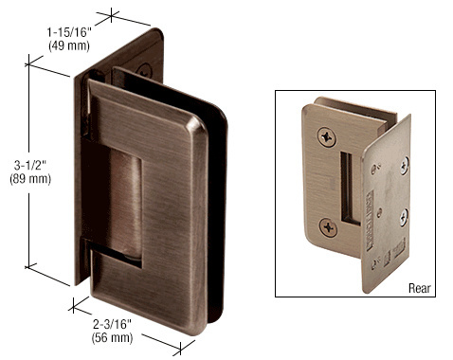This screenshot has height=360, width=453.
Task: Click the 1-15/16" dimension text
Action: coord(69,32)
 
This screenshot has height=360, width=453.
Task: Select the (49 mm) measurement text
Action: coord(69,45)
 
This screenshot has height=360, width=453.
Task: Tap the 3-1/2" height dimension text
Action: coord(30,166)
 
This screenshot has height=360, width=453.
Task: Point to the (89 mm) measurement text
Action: coord(30,179)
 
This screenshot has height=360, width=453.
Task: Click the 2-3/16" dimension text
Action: coord(112,324)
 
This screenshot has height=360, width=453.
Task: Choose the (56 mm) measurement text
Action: coord(112,337)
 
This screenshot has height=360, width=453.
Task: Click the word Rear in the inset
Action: coord(420,288)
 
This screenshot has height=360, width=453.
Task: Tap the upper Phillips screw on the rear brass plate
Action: coord(327,137)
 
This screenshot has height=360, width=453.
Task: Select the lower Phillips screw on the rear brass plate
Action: coord(328,227)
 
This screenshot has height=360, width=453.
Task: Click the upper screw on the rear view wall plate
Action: coord(405,166)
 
